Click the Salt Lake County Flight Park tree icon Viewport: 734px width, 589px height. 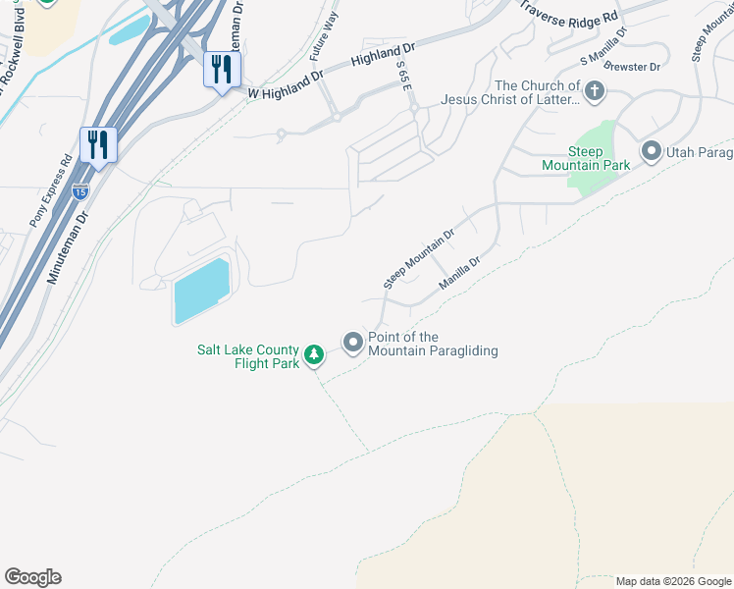pos(313,354)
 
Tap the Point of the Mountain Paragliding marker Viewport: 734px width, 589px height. pos(353,343)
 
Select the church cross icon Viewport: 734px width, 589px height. pos(594,92)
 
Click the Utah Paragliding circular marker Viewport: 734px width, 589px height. pos(650,151)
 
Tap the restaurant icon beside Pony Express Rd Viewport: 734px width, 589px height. pos(98,145)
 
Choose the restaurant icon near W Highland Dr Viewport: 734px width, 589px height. pos(222,69)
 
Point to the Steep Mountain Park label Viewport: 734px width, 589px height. pos(586,159)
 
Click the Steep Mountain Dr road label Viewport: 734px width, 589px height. pos(418,259)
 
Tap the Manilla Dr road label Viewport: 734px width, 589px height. pos(459,273)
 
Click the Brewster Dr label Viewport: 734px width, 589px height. pos(633,66)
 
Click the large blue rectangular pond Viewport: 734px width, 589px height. pos(201,291)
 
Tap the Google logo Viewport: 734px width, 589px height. pos(32,577)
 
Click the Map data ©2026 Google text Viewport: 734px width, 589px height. pos(672,581)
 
